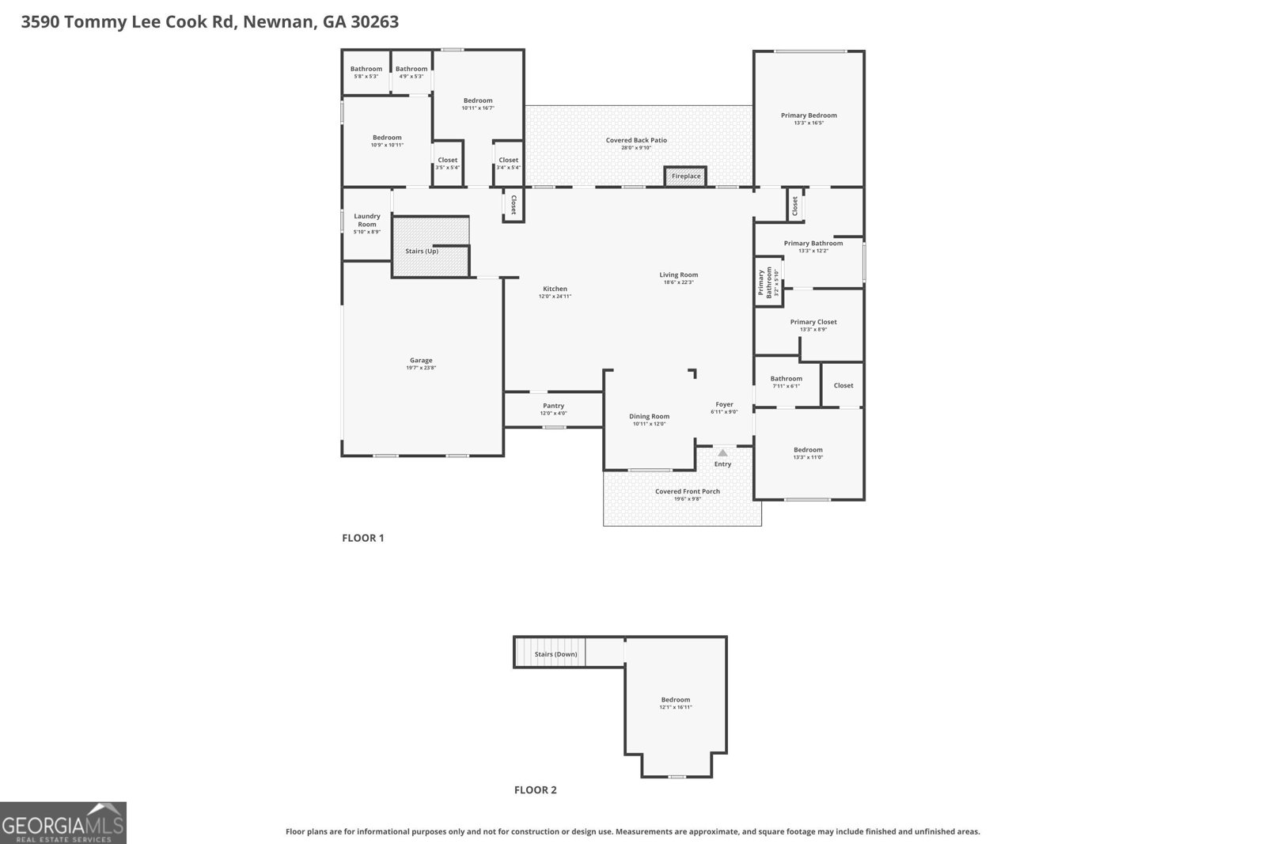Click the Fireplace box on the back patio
click(x=685, y=176)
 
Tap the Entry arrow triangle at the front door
click(x=722, y=453)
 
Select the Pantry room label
click(x=553, y=406)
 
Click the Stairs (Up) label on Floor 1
click(x=421, y=252)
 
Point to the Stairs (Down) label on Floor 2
click(x=555, y=654)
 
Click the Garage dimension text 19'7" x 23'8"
click(x=421, y=368)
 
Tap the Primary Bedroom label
click(x=809, y=115)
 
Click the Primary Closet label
click(x=813, y=322)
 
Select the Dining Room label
click(x=649, y=416)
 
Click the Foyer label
click(x=724, y=404)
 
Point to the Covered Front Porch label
click(x=687, y=491)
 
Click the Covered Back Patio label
click(x=636, y=140)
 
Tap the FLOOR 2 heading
click(x=536, y=789)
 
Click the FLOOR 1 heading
click(x=362, y=538)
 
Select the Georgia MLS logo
click(x=63, y=823)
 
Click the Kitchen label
click(x=555, y=289)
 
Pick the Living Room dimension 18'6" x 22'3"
click(x=679, y=282)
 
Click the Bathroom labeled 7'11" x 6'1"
click(x=786, y=379)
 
